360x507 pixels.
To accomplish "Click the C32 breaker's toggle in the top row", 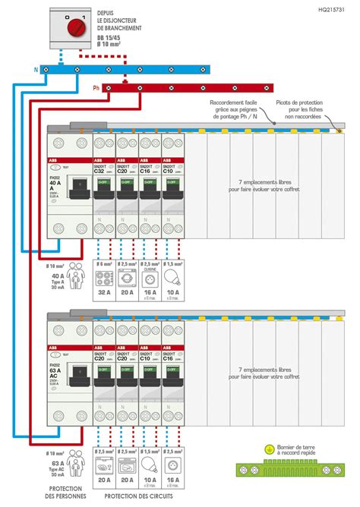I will (x=104, y=182).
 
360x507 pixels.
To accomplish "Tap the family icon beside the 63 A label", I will (x=75, y=461).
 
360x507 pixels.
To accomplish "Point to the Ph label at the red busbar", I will (x=96, y=87).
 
